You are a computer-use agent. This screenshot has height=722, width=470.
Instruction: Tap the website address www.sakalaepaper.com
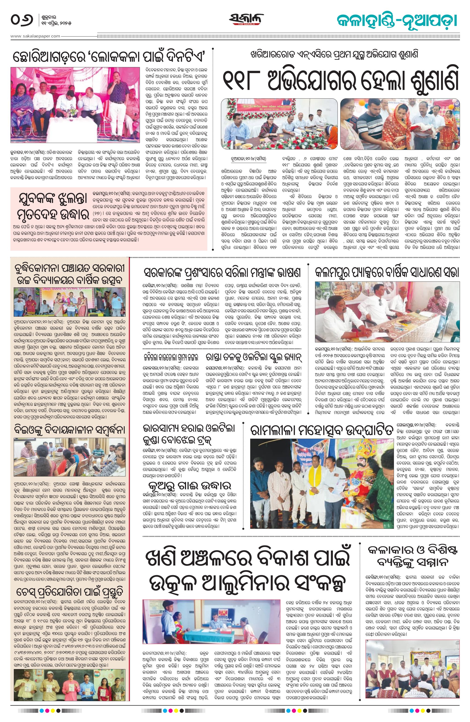[36, 36]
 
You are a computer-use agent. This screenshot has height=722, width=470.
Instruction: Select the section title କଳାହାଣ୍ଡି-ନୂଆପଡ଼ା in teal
[397, 21]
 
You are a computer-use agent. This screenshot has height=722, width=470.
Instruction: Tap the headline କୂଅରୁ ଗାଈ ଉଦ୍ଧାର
[190, 485]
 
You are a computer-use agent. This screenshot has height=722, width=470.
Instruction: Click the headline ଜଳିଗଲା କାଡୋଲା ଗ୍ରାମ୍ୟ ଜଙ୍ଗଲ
[171, 356]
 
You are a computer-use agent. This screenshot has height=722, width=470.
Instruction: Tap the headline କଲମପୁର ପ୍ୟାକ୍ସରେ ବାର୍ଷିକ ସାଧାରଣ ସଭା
[387, 272]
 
